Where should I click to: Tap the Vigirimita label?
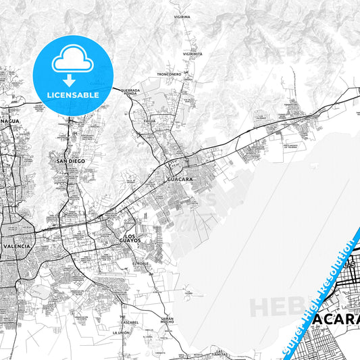[192, 53]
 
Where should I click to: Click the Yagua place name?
[149, 121]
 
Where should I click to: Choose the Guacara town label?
[180, 180]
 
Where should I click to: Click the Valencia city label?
[17, 247]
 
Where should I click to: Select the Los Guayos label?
[130, 238]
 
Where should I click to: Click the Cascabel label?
[130, 322]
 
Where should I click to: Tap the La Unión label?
[121, 334]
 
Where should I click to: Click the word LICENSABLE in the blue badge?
[72, 95]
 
